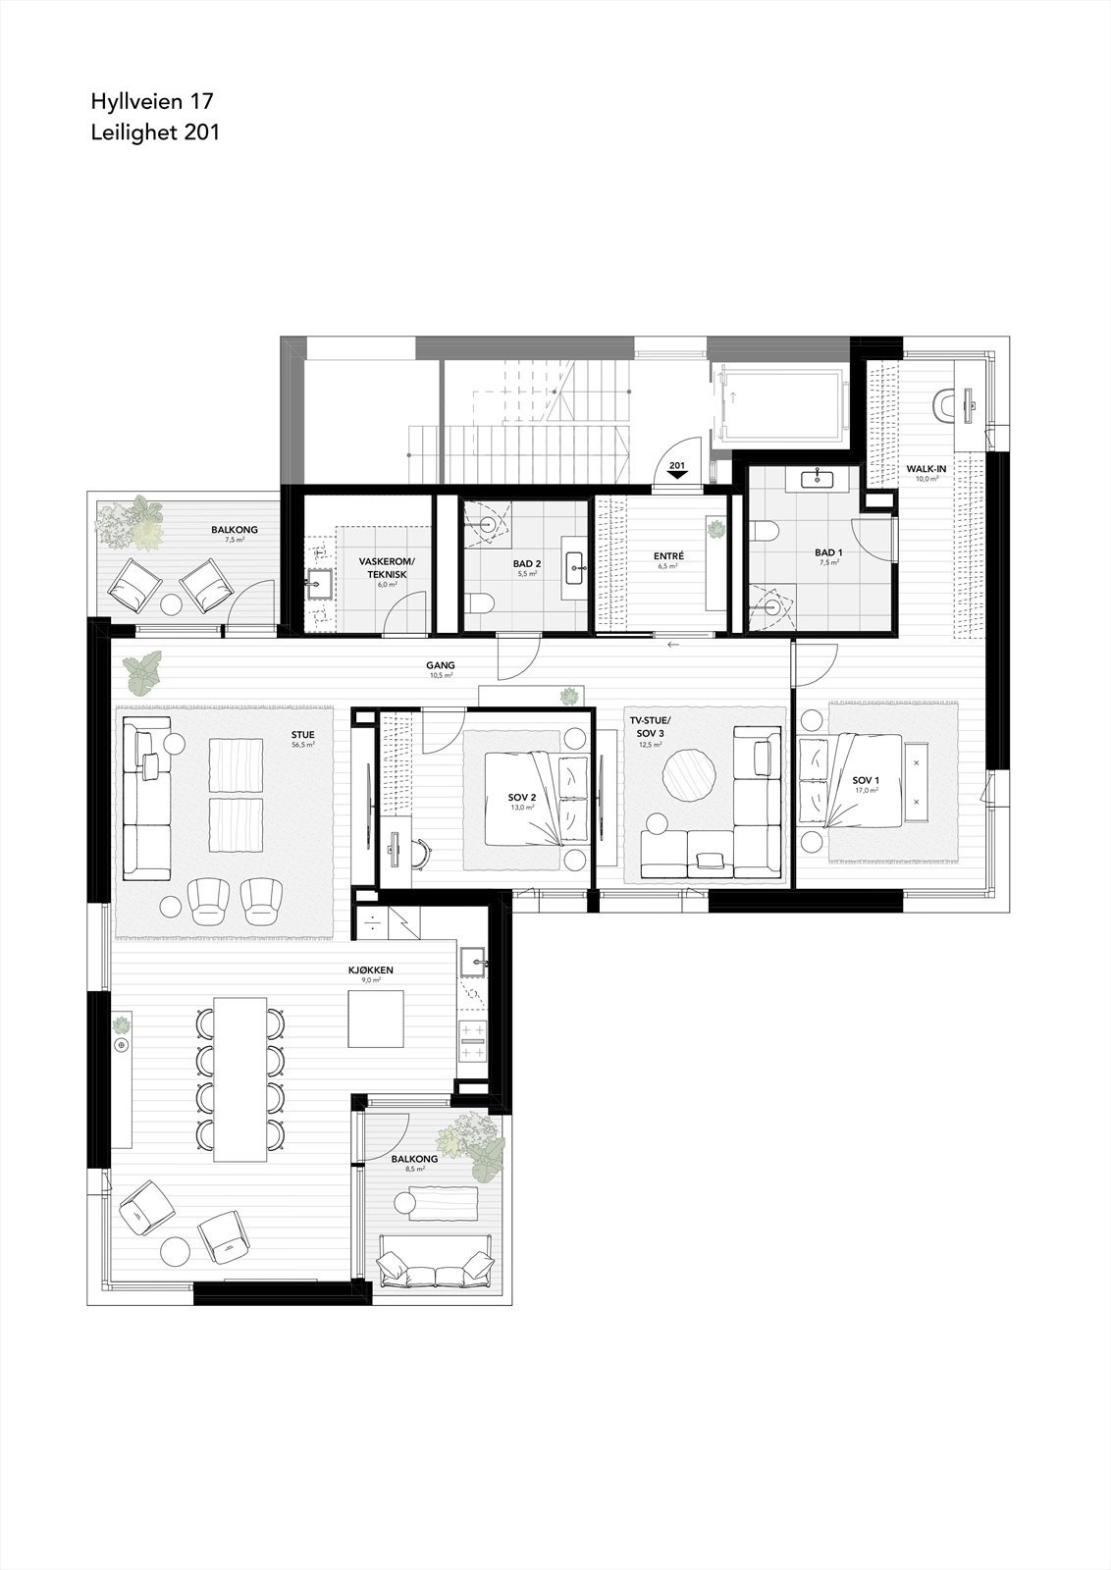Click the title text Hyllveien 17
pyautogui.click(x=152, y=101)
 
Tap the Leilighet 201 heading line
pyautogui.click(x=155, y=132)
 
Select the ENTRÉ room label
pyautogui.click(x=668, y=556)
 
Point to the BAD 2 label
pyautogui.click(x=527, y=564)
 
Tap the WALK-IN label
pyautogui.click(x=926, y=469)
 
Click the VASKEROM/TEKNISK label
pyautogui.click(x=387, y=567)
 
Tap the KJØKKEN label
pyautogui.click(x=370, y=969)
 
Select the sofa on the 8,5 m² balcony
pyautogui.click(x=436, y=1272)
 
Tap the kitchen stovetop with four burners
pyautogui.click(x=473, y=1040)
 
